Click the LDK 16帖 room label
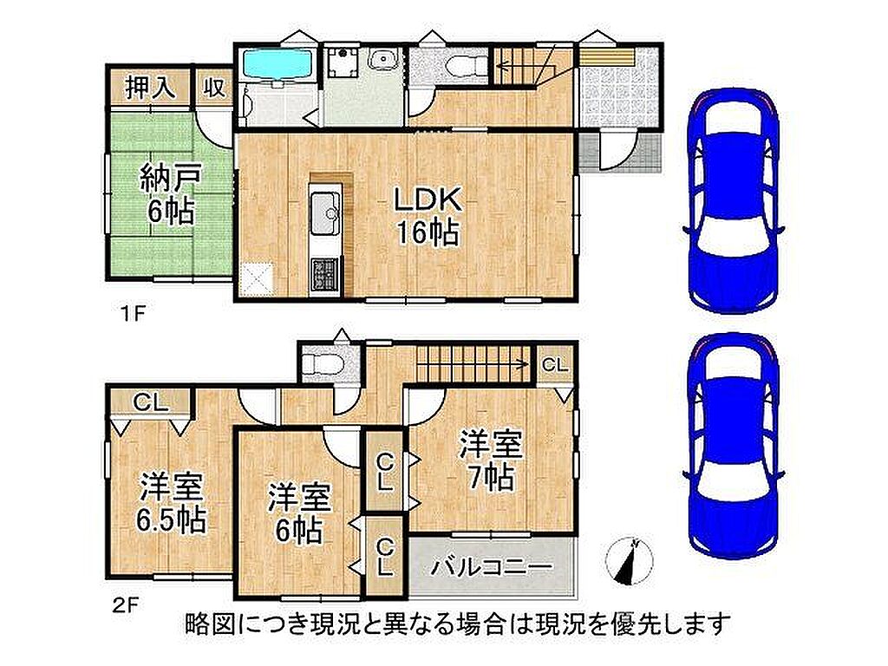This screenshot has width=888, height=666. coord(427,215)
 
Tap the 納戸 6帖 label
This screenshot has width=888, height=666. coord(170,195)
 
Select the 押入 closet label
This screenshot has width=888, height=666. coord(149,88)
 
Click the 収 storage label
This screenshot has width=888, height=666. coord(215,88)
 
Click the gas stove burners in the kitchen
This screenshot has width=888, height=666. coord(325,275)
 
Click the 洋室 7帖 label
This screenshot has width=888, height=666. coord(491,460)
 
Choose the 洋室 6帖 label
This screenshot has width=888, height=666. coord(299,513)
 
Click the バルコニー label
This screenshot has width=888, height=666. coord(492,565)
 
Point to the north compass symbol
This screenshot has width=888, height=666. coord(629,561)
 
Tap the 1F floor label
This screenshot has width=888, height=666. coord(134,313)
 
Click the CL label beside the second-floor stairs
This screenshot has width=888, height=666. coord(554,365)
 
